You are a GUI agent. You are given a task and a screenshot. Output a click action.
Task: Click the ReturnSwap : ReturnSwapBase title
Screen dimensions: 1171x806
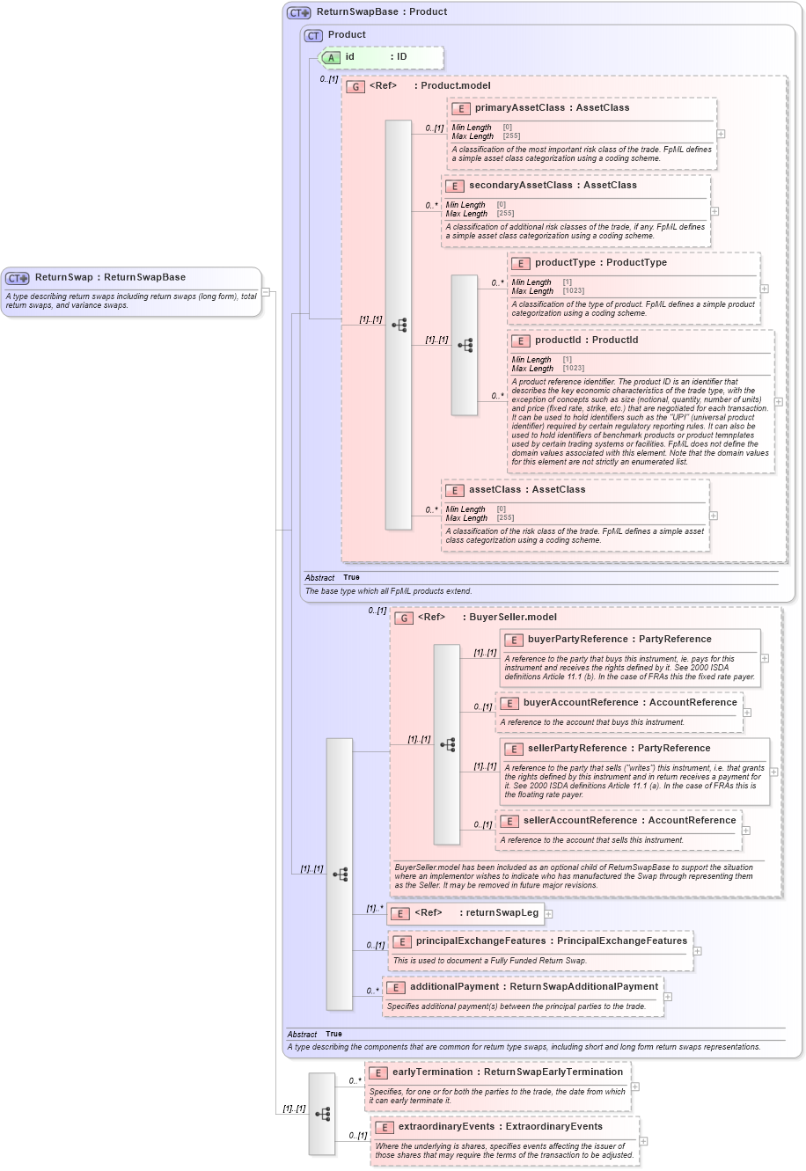click(x=110, y=277)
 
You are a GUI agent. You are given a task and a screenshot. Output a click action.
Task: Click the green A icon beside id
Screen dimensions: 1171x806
click(x=331, y=57)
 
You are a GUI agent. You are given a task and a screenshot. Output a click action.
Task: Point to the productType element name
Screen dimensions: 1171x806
click(x=564, y=263)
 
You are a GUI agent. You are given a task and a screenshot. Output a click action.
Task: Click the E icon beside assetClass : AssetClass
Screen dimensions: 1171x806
click(x=454, y=490)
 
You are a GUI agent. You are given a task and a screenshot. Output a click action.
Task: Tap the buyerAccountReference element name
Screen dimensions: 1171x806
click(x=581, y=703)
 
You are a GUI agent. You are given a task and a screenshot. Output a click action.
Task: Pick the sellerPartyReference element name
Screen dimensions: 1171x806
click(x=581, y=749)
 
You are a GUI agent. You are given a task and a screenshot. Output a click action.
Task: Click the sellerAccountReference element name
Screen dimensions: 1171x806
click(x=581, y=821)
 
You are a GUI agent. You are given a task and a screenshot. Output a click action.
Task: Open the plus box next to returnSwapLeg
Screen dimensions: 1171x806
click(x=548, y=914)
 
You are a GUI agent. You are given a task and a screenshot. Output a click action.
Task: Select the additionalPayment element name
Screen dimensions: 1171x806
click(x=458, y=987)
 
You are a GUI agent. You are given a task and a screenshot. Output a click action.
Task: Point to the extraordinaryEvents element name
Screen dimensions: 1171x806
click(x=446, y=1127)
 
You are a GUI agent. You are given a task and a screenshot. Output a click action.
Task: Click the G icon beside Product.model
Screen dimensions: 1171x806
click(x=355, y=86)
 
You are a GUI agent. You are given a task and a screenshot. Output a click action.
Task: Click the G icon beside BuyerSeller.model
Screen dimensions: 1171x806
click(x=404, y=618)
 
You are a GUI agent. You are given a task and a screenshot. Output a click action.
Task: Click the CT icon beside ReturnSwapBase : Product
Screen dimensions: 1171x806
click(x=299, y=12)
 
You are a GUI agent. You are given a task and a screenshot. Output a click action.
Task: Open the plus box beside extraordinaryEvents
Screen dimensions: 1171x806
click(x=643, y=1141)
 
